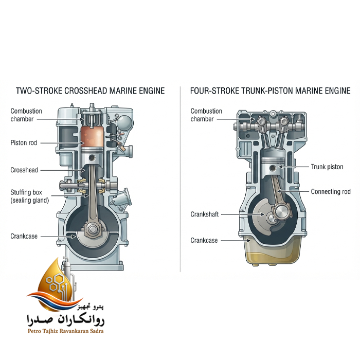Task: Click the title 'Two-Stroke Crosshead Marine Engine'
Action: click(90, 91)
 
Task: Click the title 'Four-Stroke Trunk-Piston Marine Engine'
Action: click(270, 91)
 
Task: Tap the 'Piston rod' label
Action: click(24, 143)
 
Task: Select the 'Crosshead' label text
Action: click(24, 170)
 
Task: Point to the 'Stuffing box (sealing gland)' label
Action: click(30, 196)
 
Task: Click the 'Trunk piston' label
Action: click(327, 167)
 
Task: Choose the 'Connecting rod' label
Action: click(331, 191)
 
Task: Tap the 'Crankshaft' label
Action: click(205, 214)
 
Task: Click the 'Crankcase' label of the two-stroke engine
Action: click(24, 236)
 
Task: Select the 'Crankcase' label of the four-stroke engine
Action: click(204, 240)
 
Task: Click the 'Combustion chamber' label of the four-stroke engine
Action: click(206, 115)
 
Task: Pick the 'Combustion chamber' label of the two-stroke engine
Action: click(26, 115)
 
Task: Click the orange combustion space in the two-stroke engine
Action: click(92, 136)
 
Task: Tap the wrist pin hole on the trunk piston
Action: click(273, 168)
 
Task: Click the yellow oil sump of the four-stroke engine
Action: click(273, 254)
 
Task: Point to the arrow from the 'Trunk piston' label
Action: click(294, 167)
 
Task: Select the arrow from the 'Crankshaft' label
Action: click(243, 214)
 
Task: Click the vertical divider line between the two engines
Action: click(180, 179)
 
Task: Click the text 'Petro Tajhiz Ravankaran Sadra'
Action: click(66, 331)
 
